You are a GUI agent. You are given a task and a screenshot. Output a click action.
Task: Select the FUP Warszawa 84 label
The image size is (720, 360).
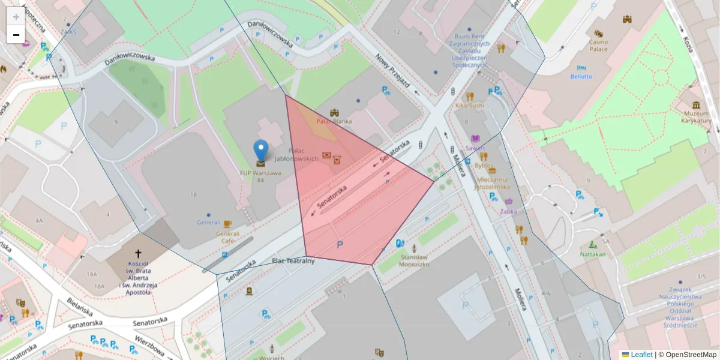pyautogui.click(x=260, y=176)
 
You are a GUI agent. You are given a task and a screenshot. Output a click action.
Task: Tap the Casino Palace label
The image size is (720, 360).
pyautogui.click(x=598, y=45)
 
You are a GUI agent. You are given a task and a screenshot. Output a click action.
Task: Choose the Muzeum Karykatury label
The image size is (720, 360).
pyautogui.click(x=696, y=117)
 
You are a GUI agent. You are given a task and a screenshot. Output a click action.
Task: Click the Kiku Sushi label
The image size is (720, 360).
pyautogui.click(x=469, y=106)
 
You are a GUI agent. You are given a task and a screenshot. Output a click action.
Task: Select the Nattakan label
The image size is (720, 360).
pyautogui.click(x=593, y=254)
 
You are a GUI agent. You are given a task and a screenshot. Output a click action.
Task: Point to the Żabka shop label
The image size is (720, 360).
pyautogui.click(x=509, y=211)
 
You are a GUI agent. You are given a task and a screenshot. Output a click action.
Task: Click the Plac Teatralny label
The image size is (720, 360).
pyautogui.click(x=293, y=261)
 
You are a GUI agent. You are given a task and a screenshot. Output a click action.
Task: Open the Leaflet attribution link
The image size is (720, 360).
pyautogui.click(x=641, y=355)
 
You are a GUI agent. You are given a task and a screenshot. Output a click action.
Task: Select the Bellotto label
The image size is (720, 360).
pyautogui.click(x=581, y=76)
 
